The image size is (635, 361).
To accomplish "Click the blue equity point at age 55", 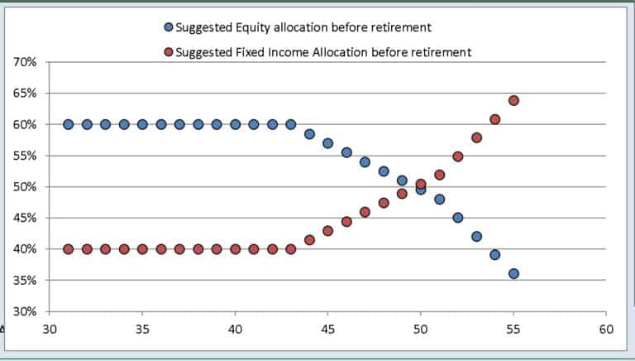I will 513,274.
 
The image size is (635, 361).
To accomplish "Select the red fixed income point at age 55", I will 513,101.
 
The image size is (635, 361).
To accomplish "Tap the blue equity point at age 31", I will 68,124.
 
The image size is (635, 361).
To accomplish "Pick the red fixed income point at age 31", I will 68,249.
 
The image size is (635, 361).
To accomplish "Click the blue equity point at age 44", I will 309,133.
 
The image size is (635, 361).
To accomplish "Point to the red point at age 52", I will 458,156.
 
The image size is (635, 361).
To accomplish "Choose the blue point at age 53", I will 476,236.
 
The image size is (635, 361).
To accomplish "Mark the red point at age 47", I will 365,212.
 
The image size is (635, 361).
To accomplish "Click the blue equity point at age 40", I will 235,124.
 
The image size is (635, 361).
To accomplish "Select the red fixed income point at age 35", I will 142,249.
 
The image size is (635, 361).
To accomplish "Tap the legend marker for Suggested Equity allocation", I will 169,28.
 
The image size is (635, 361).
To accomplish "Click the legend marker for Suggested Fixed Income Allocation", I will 169,52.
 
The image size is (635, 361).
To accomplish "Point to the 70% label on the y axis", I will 25,62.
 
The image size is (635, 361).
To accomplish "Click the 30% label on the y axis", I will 25,312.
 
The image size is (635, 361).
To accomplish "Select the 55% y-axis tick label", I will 25,156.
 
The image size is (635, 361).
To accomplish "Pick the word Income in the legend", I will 280,52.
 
